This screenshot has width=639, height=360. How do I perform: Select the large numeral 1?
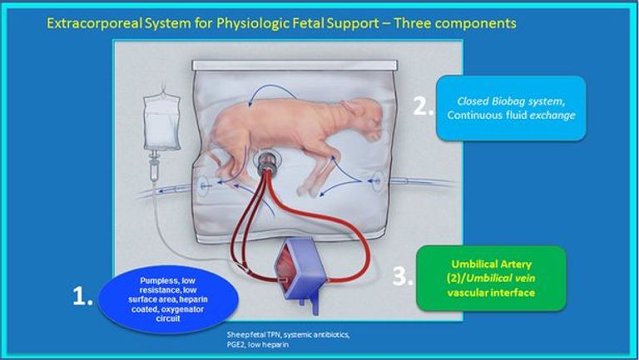(82, 298)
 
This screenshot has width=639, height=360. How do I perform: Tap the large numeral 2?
(422, 106)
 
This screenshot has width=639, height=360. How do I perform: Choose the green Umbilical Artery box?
(490, 278)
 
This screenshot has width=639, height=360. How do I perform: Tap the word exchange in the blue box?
(553, 115)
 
